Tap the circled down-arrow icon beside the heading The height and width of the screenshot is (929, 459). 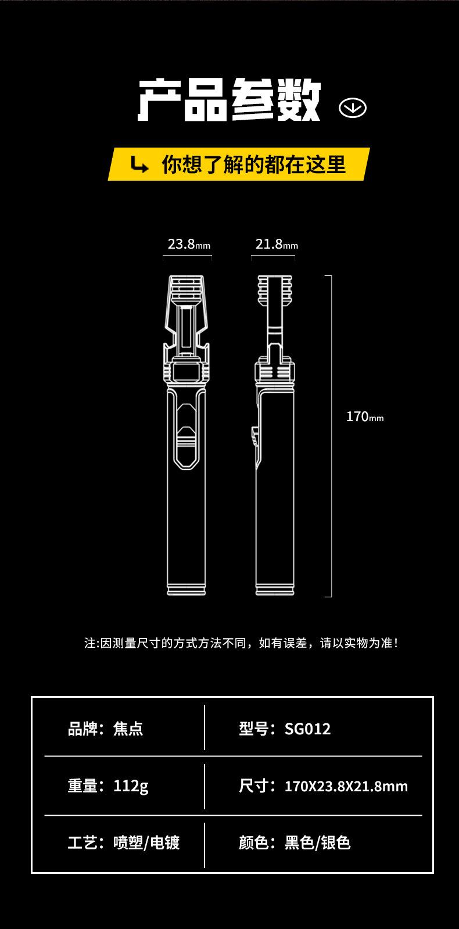(352, 107)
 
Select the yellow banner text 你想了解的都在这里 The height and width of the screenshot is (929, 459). (253, 164)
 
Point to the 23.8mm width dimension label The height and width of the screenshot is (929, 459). (188, 244)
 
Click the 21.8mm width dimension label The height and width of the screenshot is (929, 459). (276, 244)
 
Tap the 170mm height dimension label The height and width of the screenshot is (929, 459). (364, 417)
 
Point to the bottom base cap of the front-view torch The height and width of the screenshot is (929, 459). (187, 589)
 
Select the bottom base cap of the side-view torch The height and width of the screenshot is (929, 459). (274, 589)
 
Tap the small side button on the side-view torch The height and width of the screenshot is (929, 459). (254, 437)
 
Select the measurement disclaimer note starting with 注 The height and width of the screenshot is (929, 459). (241, 643)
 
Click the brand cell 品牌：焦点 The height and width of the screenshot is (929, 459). (106, 729)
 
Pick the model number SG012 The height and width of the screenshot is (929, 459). (307, 729)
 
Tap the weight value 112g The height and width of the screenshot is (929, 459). (131, 786)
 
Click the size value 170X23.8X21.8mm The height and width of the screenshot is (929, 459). (346, 787)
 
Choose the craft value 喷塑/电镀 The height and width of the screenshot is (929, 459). (146, 842)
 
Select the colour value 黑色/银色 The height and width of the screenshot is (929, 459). (317, 842)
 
